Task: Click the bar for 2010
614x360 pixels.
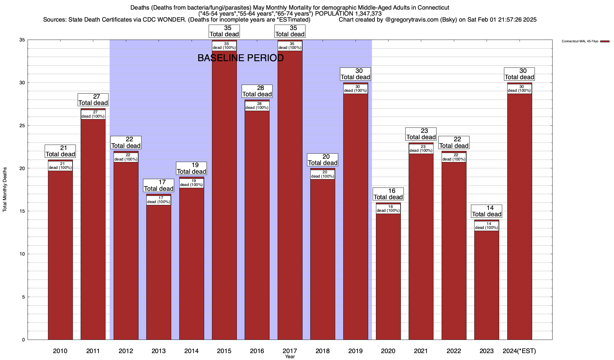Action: pos(60,255)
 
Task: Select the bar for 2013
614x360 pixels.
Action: pos(159,270)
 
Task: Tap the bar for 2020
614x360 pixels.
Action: pos(388,276)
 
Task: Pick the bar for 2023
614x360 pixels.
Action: pos(487,285)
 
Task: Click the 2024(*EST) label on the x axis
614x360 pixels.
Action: pos(519,351)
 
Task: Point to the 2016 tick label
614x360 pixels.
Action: pos(257,351)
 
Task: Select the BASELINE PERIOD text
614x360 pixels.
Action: pos(240,58)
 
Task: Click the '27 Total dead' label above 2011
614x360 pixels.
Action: pos(93,100)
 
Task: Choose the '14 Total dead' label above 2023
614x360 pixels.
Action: pos(487,211)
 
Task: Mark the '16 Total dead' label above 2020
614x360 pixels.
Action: pos(388,194)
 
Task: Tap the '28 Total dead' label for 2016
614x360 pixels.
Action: pos(257,91)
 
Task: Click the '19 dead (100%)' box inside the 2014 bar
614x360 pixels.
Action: pos(192,183)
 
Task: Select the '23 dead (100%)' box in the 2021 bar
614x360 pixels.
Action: pos(421,149)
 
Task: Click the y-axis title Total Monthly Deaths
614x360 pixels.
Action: pos(5,190)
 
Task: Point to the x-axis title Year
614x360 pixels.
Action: pos(290,357)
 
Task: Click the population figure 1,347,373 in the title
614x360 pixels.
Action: pos(364,14)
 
